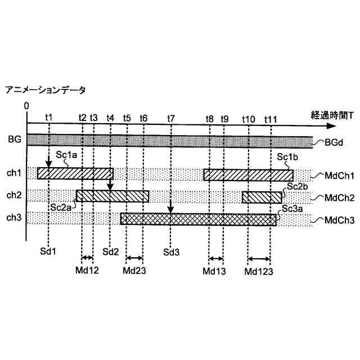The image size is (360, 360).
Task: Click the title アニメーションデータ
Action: [45, 90]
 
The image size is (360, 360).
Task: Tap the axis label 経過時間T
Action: [332, 115]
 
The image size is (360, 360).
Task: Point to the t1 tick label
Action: [49, 118]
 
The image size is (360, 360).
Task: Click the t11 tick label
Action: [271, 119]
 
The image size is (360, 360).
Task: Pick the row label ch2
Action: [13, 195]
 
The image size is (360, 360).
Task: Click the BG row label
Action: [14, 138]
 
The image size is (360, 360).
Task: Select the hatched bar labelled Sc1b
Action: [247, 174]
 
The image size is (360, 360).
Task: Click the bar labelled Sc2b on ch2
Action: [262, 197]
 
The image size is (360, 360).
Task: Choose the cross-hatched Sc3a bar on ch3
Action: [198, 219]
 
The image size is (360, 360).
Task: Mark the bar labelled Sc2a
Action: [112, 196]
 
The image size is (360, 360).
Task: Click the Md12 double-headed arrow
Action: [88, 258]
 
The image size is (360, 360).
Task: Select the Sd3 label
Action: [171, 251]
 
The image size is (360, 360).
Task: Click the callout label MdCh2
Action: [336, 198]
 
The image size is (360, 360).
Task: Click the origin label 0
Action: [26, 106]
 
